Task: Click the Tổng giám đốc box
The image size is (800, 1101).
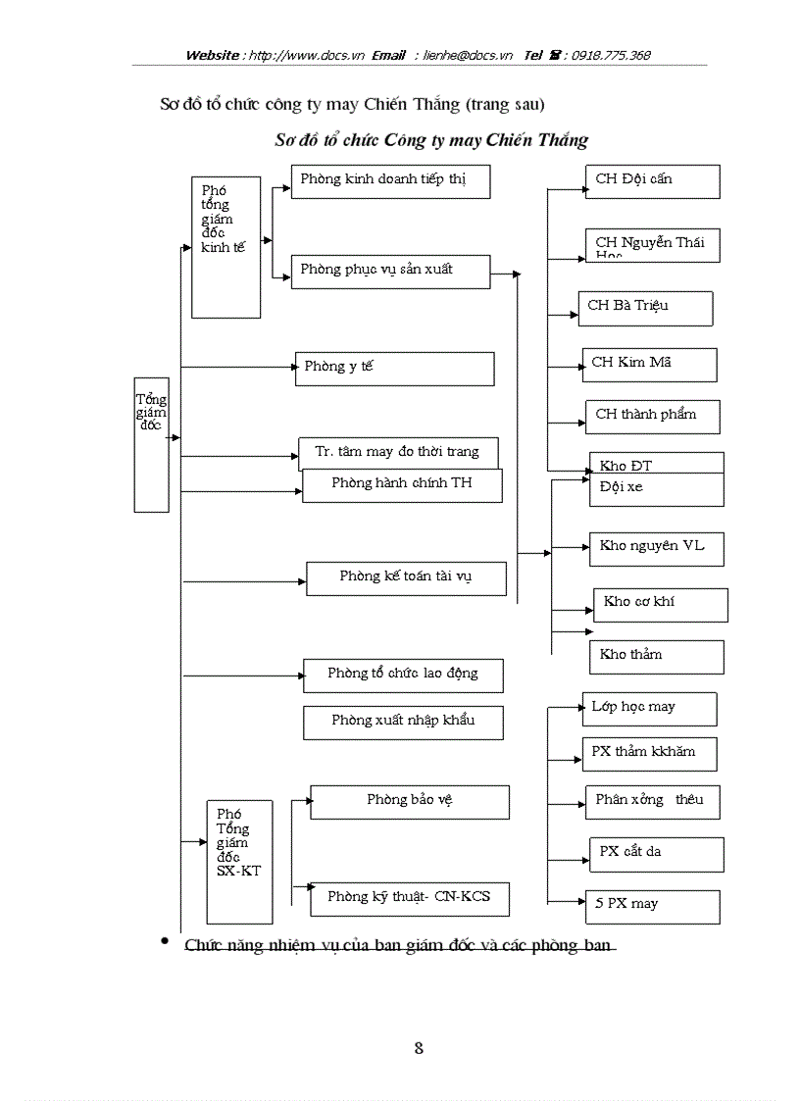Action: click(151, 444)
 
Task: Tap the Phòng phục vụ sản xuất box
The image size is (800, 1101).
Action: click(390, 272)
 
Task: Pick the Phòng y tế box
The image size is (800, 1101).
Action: click(394, 369)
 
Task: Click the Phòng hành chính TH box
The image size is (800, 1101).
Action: click(402, 485)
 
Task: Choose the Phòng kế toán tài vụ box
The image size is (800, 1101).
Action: click(406, 577)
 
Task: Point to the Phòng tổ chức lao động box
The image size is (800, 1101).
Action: click(403, 675)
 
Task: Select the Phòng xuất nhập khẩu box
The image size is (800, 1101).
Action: click(403, 722)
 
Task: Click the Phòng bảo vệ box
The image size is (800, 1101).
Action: click(410, 801)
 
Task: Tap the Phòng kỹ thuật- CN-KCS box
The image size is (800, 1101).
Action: click(410, 898)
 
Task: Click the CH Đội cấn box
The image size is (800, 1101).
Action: click(652, 181)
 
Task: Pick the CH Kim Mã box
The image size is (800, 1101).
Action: click(648, 365)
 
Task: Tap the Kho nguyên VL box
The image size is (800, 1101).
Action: click(656, 548)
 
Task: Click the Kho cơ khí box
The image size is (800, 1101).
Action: click(660, 604)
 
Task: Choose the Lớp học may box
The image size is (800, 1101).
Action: click(648, 708)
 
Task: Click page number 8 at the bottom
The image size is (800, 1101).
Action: click(419, 1048)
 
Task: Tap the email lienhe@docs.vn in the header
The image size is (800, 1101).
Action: click(468, 56)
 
